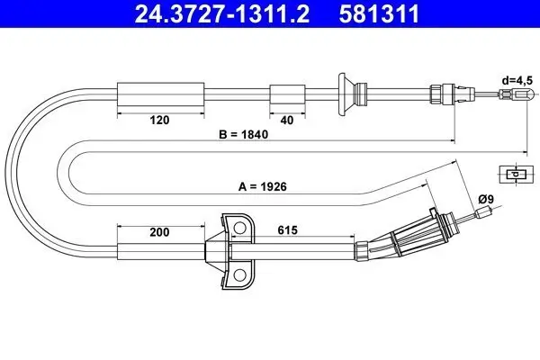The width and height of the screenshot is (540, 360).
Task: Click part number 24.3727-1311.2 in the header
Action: [222, 13]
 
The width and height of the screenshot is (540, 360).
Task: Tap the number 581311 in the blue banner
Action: [379, 13]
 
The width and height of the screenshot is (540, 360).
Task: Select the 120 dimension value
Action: [160, 121]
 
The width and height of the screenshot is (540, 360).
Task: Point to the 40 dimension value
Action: [287, 121]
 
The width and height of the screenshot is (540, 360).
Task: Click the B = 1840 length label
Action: [244, 134]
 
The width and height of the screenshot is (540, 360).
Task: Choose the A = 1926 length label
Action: [263, 186]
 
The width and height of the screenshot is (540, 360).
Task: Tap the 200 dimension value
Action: [159, 232]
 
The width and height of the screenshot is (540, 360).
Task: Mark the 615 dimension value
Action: [288, 230]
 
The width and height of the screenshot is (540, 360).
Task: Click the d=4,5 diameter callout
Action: [517, 81]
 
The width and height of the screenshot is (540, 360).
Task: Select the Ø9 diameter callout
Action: [486, 199]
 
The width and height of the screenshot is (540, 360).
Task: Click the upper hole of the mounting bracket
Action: [239, 228]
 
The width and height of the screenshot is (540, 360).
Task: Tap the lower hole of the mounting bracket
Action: [239, 274]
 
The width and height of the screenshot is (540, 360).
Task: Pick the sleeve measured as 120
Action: [161, 94]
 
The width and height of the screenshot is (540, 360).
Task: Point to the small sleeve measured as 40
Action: [287, 94]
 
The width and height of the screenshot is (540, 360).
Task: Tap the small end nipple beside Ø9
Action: [482, 212]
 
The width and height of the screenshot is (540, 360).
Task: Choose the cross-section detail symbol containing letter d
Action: [516, 174]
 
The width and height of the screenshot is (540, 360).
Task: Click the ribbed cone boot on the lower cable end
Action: [405, 235]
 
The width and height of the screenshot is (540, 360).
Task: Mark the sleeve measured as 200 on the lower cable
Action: [161, 251]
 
